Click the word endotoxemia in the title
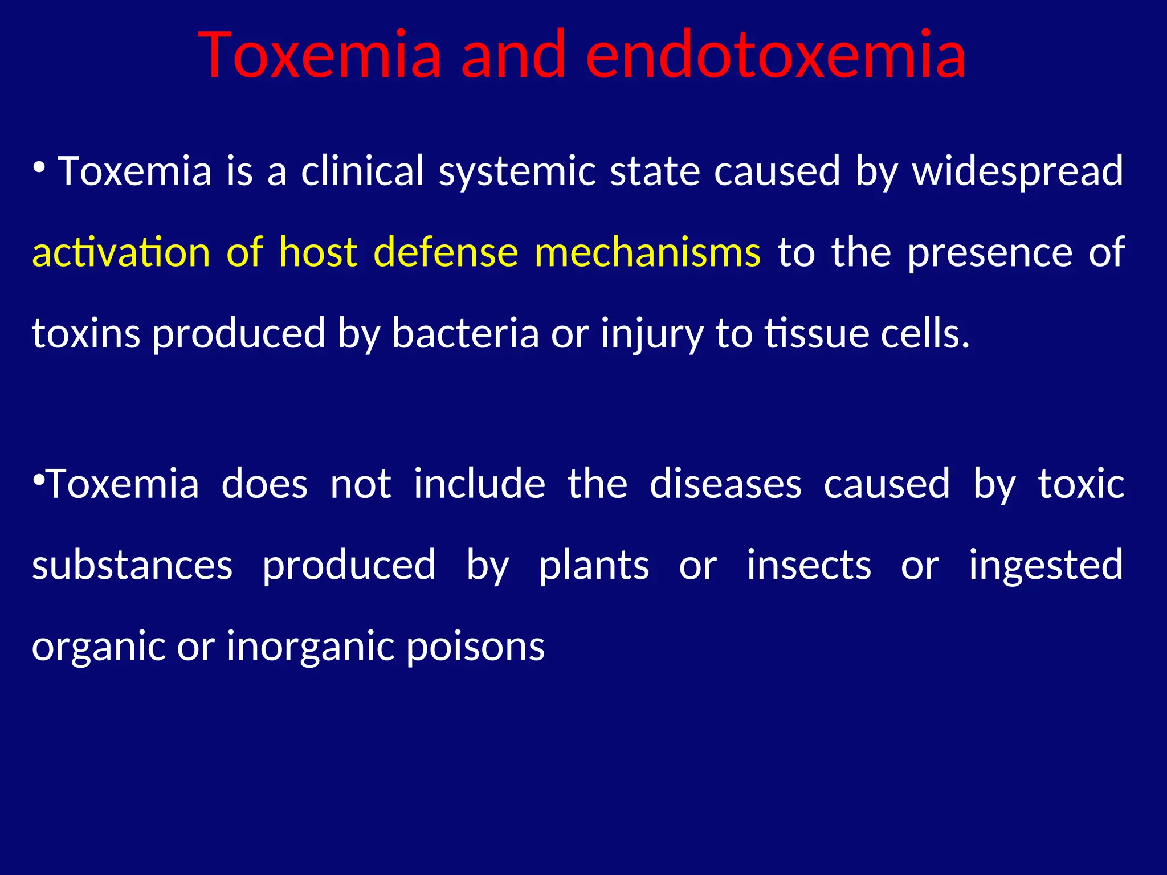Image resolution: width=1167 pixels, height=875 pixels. point(776,55)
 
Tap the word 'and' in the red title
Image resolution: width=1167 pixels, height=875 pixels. point(513,55)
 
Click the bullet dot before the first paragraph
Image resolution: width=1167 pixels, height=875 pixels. point(39,167)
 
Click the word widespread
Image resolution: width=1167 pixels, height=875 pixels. point(1018,171)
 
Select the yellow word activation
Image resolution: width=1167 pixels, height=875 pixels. point(121,252)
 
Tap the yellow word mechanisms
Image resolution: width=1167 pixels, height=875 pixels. point(647,252)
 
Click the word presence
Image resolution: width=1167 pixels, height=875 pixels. point(990,252)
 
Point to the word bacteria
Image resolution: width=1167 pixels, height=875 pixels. point(465,334)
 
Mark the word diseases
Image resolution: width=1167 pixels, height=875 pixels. point(725,484)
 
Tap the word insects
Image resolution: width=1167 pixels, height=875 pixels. point(809,566)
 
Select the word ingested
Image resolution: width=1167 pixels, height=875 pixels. point(1046,566)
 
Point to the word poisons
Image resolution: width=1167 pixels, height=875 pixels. point(476,647)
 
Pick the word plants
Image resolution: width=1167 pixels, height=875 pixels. point(594,566)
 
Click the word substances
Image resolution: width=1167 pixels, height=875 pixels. point(132,566)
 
